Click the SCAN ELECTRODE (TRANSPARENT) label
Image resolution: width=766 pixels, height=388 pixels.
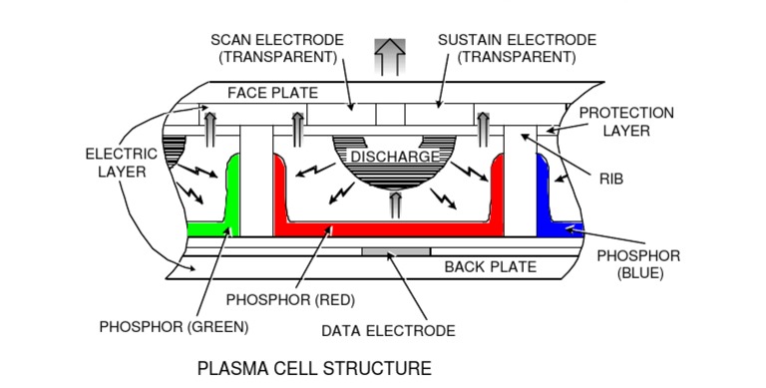[x=277, y=48]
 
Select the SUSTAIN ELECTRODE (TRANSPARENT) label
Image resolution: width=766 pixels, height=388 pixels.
[x=517, y=48]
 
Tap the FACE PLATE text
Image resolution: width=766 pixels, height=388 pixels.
[x=272, y=93]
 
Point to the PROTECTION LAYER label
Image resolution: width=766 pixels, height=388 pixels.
[x=626, y=122]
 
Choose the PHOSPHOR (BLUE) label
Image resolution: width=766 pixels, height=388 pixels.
[x=638, y=264]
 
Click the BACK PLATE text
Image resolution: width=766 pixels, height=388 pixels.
[x=490, y=266]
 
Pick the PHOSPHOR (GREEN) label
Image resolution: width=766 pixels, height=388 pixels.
[x=174, y=326]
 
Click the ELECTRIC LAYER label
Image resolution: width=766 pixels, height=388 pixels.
[x=121, y=163]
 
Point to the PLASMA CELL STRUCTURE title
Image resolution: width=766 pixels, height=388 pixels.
[x=314, y=368]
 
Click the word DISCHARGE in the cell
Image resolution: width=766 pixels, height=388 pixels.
[x=394, y=157]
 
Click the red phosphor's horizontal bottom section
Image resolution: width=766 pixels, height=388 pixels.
[x=389, y=229]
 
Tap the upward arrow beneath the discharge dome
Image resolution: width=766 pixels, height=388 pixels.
[x=394, y=204]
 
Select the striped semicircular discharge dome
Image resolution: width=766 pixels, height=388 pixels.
[x=394, y=175]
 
